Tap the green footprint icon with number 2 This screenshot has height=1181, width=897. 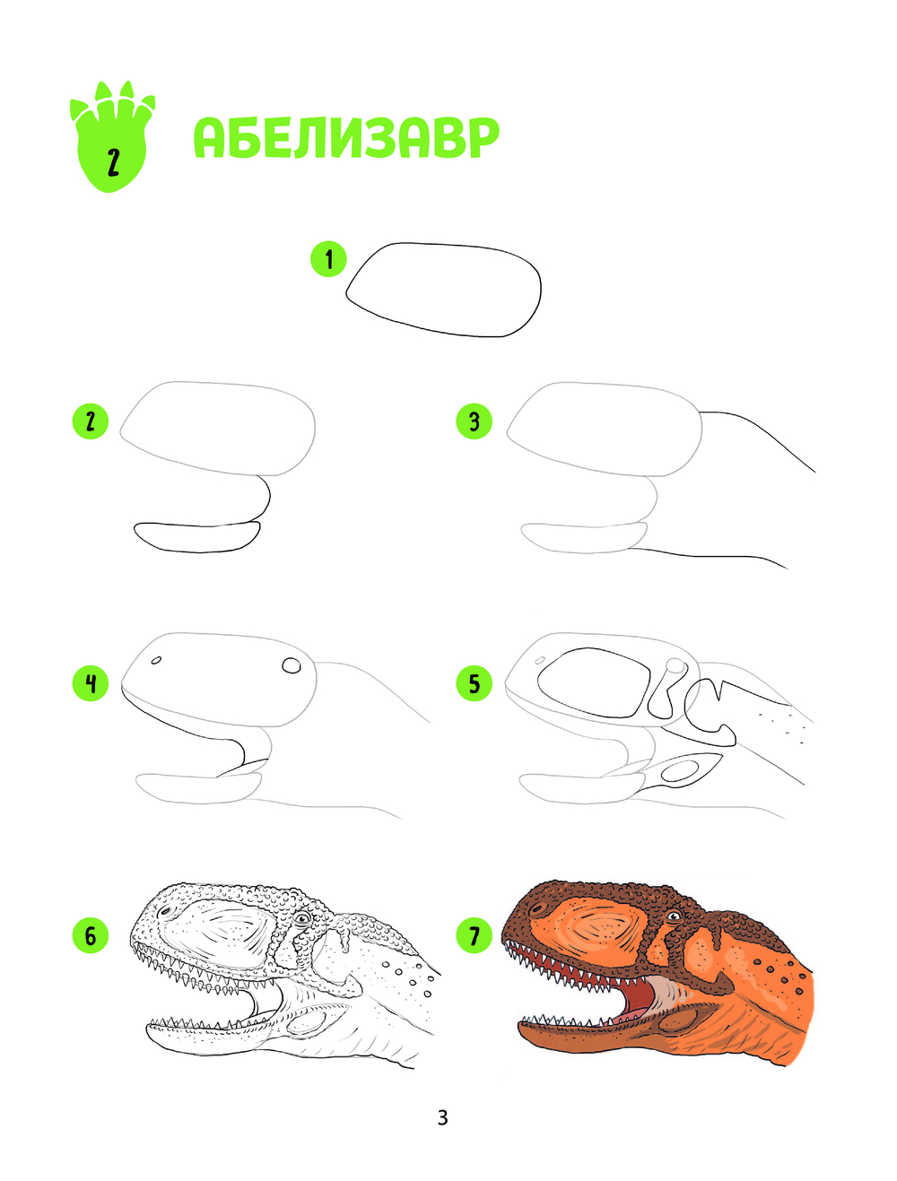click(x=112, y=136)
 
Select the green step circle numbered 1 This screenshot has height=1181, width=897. click(x=329, y=259)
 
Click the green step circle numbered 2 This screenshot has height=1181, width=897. click(x=91, y=421)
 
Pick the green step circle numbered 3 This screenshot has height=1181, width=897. click(x=474, y=421)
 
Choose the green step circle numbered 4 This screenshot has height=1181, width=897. click(x=91, y=684)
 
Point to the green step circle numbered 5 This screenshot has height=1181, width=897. click(x=474, y=684)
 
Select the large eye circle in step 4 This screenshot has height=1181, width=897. click(x=292, y=665)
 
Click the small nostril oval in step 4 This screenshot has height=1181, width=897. click(x=157, y=660)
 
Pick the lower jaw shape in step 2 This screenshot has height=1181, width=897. click(x=197, y=537)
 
